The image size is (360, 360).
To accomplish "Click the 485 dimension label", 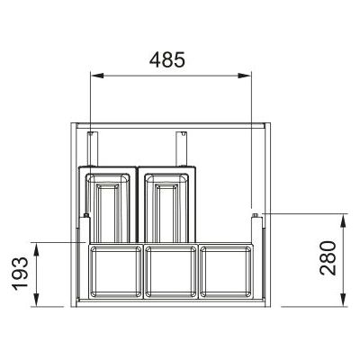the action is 167,59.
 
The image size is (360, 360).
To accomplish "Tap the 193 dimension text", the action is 20,274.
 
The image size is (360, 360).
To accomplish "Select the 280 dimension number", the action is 328,258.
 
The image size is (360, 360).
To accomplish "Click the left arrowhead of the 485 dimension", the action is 97,76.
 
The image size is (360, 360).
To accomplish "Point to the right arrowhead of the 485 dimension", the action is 245,76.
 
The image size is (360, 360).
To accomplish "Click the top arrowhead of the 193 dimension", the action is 36,249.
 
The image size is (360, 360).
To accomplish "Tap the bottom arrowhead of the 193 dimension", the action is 36,300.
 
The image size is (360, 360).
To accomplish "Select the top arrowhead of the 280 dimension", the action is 344,220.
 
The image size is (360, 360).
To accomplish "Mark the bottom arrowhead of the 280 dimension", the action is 344,300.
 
